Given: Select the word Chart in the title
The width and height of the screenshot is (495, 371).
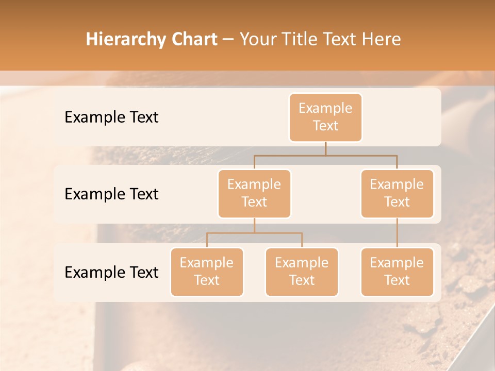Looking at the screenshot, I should pos(194,40).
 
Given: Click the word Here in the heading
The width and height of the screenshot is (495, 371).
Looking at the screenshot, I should pos(382,40).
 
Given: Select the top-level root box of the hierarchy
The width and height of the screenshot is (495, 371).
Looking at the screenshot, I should pos(325,117).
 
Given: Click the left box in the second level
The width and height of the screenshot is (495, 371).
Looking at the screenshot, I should pos(254,194).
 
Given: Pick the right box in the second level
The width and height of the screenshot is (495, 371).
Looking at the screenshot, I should pos(397,194).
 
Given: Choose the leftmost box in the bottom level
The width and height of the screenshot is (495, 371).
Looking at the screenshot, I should pos(207,272).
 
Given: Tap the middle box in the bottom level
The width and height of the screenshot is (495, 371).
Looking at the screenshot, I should pos(302,272).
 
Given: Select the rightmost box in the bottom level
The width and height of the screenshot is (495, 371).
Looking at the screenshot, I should pos(397,272).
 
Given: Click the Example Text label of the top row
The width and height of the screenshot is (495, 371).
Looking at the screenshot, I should pos(111,117).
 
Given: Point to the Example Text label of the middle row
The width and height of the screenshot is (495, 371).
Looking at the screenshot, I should pos(111,194).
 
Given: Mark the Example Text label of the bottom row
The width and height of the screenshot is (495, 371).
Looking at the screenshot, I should pos(111,273).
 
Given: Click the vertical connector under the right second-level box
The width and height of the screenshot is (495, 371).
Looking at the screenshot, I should pos(397,233).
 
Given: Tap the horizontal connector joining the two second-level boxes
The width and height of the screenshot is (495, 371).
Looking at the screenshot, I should pos(325,155).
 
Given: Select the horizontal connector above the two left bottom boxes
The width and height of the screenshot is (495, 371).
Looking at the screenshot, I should pos(254,233).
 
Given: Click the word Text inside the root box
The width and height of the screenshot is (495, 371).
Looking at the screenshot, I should pos(325,126).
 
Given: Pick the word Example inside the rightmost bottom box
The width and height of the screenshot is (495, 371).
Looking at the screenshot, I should pos(397,263).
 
